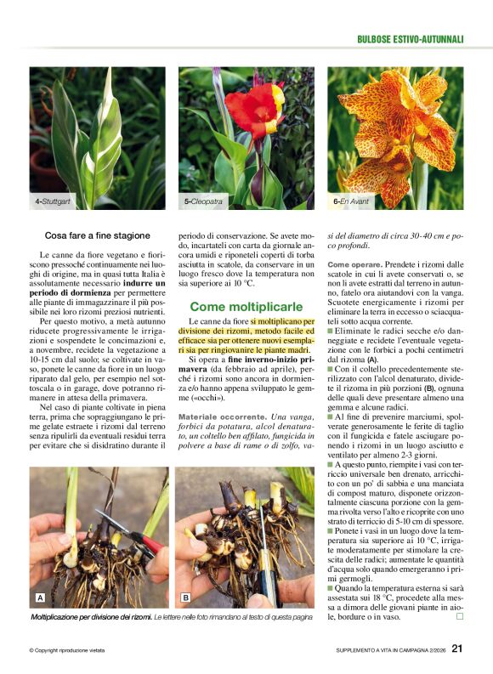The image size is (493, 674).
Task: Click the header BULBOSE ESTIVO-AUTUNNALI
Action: point(410,39)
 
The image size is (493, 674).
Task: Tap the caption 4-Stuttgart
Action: point(52,201)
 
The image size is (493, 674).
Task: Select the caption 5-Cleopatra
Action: point(204,201)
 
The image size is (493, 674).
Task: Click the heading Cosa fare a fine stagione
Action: point(97,235)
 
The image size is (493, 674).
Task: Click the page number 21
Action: point(456,649)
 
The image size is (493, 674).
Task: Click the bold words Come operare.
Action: point(354,265)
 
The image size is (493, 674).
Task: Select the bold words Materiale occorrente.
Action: point(221,416)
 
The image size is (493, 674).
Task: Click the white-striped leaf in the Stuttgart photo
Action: point(100,136)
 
